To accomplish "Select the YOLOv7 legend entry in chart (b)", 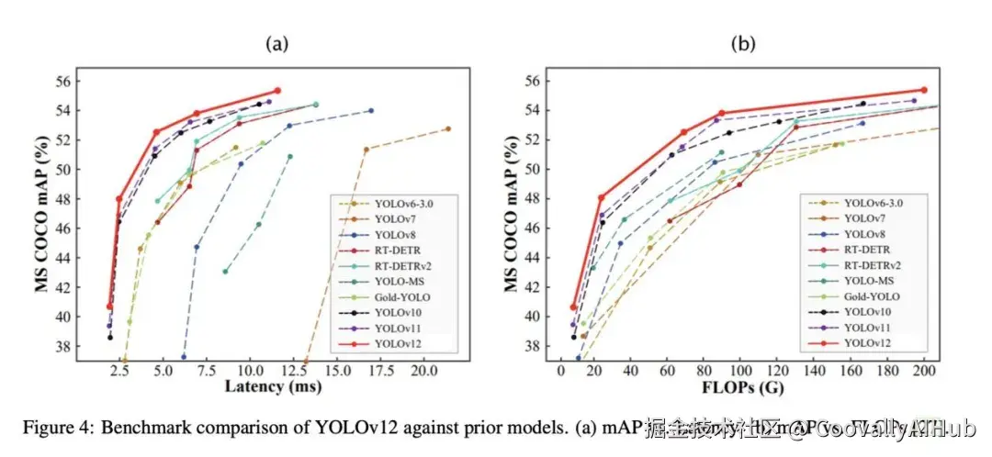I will [x=864, y=218].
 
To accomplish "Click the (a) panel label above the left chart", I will [x=278, y=43].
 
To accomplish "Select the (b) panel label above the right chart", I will [x=743, y=43].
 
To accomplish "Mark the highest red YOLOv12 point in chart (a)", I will [x=277, y=90].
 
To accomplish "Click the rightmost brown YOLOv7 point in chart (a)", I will [x=448, y=128].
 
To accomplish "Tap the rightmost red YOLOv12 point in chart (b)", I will [x=924, y=90].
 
